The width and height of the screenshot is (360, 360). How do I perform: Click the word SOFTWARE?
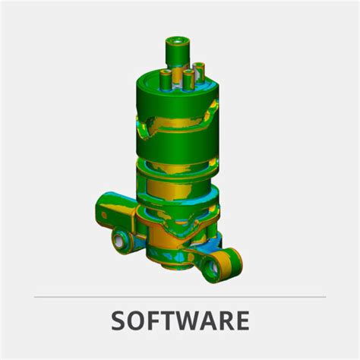point(180,321)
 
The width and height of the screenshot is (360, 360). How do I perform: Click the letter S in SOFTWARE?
point(119,321)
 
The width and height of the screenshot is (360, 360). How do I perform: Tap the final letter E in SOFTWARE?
point(241,321)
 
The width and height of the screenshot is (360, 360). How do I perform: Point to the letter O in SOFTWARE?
point(137,321)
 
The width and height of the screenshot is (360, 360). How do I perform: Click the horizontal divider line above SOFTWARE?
point(180,296)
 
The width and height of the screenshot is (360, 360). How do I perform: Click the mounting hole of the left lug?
point(119,242)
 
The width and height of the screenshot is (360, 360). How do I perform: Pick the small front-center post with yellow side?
point(185,80)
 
